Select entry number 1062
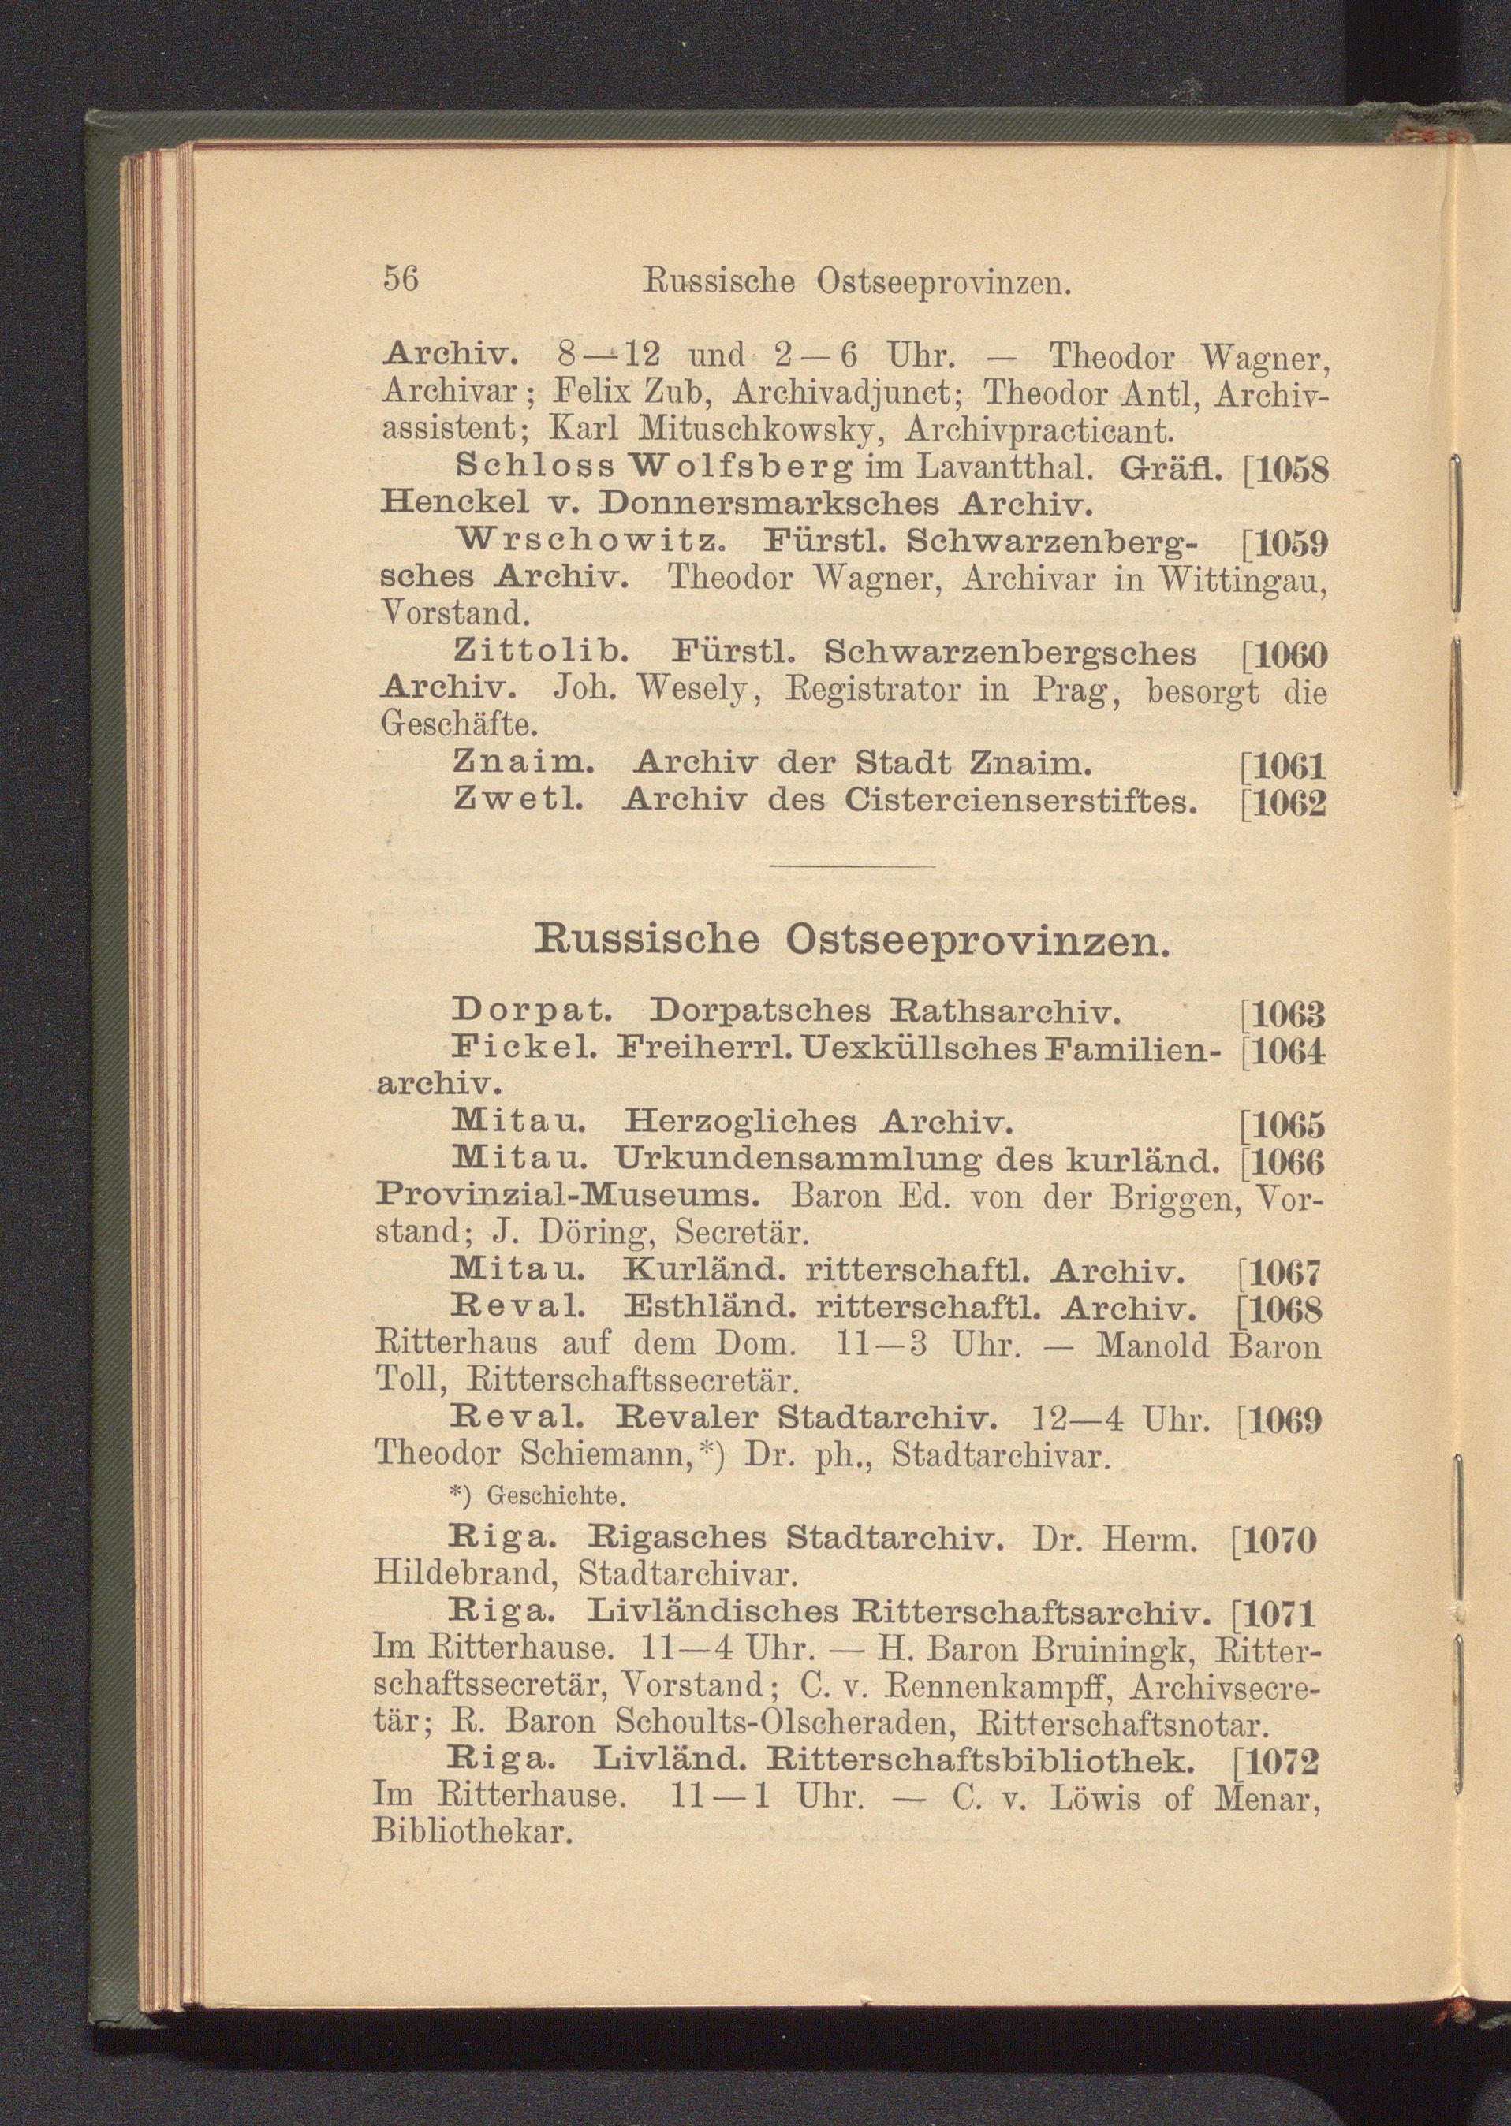tap(1287, 802)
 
